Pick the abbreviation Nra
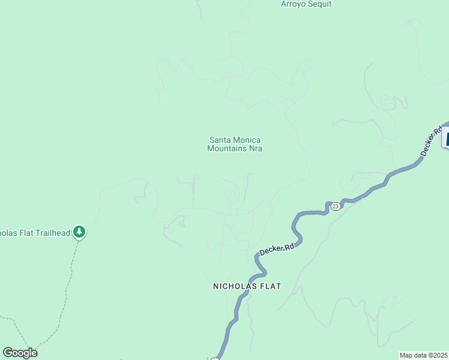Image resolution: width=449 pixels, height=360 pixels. [x=256, y=148]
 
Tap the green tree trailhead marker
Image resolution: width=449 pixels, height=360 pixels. [x=79, y=232]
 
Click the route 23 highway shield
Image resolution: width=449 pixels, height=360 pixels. [x=335, y=206]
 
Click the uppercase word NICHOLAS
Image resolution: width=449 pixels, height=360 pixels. [x=235, y=286]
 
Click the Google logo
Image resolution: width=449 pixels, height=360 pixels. [x=20, y=353]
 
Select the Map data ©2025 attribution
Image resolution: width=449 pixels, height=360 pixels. [x=424, y=355]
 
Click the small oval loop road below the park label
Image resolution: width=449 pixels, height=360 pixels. [x=229, y=193]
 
